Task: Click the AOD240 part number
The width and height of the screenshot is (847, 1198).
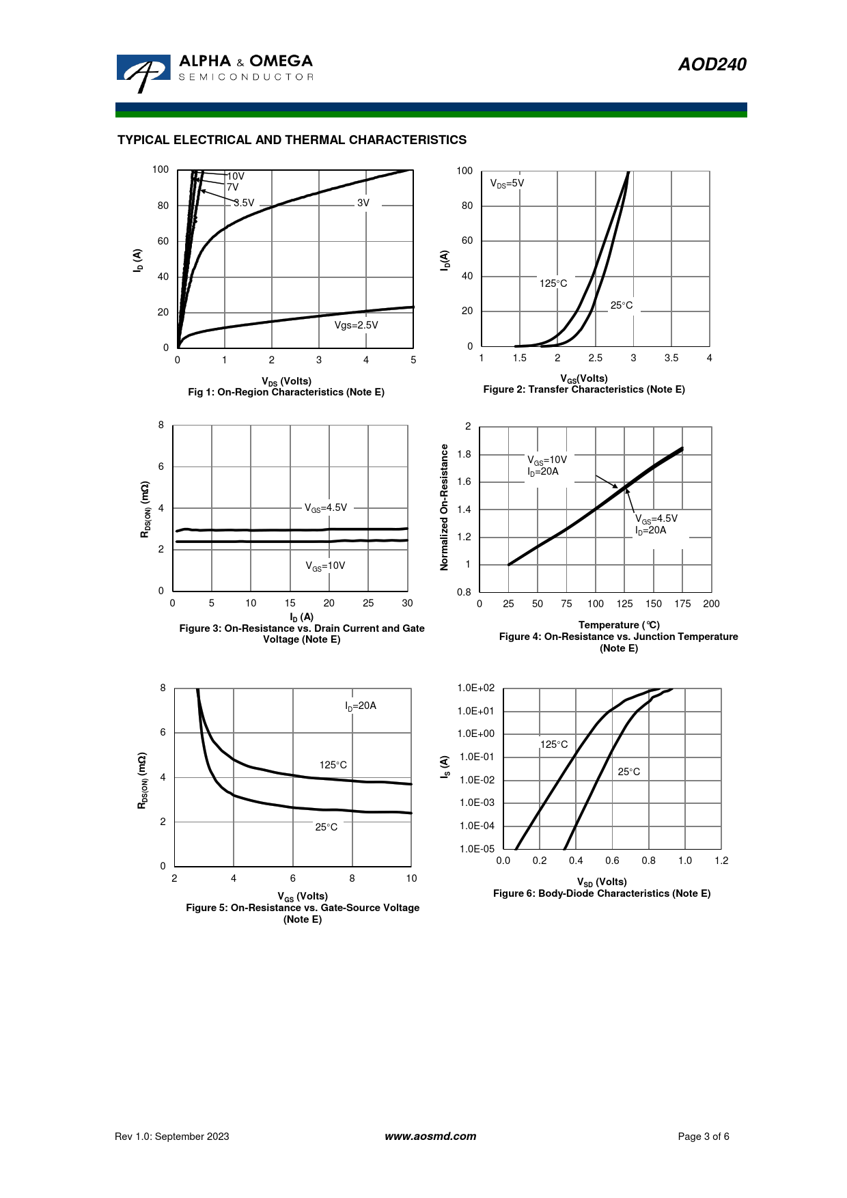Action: coord(712,64)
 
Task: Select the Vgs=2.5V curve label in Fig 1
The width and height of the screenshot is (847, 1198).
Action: coord(356,325)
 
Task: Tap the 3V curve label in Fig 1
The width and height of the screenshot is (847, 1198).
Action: coord(363,203)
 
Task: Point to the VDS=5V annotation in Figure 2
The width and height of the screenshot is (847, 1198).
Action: coord(507,184)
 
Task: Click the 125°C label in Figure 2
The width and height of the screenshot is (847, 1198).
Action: coord(553,283)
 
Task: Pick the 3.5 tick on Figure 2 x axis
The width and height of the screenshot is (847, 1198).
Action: coord(671,358)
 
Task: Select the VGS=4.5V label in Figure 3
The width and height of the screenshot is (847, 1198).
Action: coord(326,508)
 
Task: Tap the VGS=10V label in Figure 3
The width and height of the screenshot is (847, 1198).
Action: coord(325,566)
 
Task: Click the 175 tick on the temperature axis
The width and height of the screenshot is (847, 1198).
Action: coord(682,604)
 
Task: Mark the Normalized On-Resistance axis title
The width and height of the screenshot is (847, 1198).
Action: coord(445,507)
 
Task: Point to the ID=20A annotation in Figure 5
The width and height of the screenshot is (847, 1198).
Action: coord(361,706)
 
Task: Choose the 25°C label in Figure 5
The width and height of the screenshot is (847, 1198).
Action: coord(327,827)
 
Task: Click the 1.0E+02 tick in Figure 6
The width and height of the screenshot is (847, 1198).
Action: coord(476,688)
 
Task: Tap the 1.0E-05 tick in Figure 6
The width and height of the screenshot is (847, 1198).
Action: coord(477,849)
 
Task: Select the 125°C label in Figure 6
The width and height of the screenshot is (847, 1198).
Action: coord(554,744)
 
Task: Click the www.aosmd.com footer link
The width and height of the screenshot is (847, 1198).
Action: coord(430,1137)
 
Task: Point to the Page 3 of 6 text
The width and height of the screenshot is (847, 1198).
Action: coord(704,1137)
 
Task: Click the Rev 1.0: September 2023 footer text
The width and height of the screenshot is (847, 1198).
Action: coord(172,1137)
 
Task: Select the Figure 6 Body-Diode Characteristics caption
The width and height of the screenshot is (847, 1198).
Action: coord(602,893)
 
